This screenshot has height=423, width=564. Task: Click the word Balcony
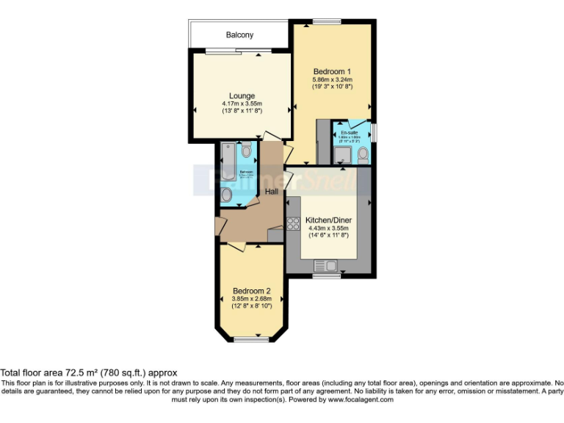[x=239, y=35]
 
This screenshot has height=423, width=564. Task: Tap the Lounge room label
[x=242, y=95]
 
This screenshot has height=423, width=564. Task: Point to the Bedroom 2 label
[x=252, y=291]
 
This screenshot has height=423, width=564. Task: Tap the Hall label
[x=272, y=191]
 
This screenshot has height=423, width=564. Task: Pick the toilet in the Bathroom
[x=246, y=151]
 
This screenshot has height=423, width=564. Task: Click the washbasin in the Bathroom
[x=227, y=195]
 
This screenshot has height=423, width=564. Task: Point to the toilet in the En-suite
[x=363, y=153]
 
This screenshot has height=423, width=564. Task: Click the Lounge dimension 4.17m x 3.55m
[x=242, y=104]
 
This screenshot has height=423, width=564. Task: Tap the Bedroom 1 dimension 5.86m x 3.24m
[x=332, y=79]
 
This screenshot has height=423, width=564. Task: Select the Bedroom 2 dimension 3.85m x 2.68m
[x=252, y=299]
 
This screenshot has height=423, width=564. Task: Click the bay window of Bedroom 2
[x=252, y=339]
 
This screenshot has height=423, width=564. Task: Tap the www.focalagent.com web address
[x=361, y=399]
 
